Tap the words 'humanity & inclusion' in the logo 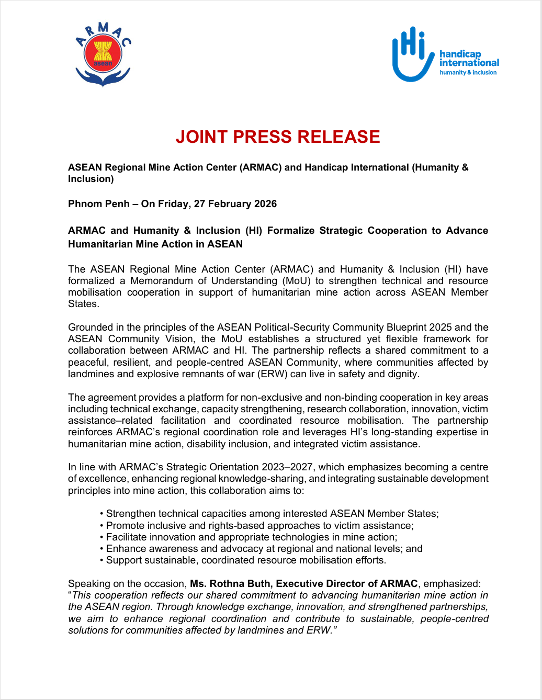click(468, 73)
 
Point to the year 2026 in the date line click(264, 204)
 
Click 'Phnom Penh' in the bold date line click(98, 204)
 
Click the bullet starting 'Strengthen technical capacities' click(272, 514)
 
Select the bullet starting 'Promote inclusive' click(259, 525)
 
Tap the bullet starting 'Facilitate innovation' click(251, 537)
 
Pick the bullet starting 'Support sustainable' click(246, 560)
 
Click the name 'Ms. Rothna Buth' click(230, 584)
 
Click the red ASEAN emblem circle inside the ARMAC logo click(103, 54)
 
